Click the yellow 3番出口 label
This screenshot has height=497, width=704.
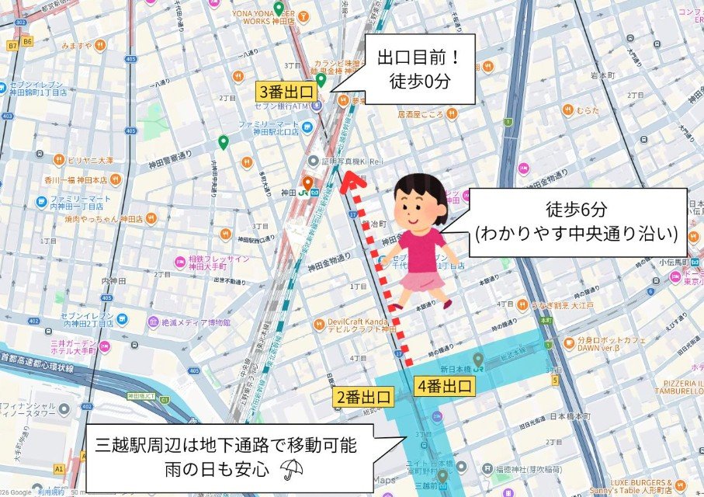tap(285, 90)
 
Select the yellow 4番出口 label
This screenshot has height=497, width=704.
tap(445, 385)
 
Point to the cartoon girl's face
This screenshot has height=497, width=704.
tap(420, 210)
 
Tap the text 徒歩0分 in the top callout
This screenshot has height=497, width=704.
tap(420, 80)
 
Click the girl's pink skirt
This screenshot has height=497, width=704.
tap(420, 280)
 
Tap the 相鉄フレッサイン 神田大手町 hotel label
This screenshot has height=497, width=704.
tap(219, 263)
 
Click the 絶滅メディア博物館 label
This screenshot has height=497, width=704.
tap(196, 321)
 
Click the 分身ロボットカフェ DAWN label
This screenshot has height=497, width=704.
tap(609, 344)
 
